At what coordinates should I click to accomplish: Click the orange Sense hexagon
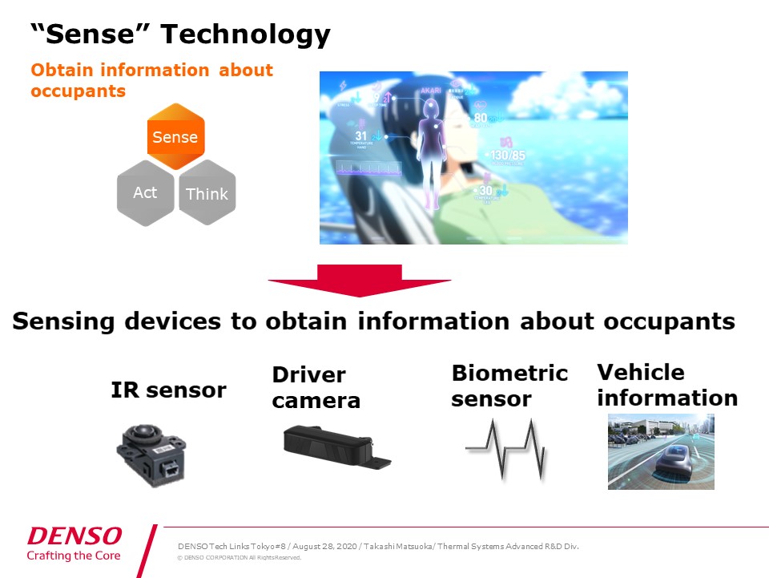point(175,136)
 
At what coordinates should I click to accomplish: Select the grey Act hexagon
point(145,192)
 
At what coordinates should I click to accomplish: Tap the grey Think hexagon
point(207,193)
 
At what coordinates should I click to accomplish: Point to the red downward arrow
point(360,280)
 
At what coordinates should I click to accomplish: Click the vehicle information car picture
point(661,451)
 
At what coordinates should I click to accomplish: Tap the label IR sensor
point(168,390)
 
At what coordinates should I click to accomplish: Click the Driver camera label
point(316,388)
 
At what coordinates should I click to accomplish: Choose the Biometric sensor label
point(509,386)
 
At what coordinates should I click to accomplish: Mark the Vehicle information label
point(666,385)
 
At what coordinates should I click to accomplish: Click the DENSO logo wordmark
point(74,536)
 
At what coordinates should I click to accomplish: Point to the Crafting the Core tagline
point(74,556)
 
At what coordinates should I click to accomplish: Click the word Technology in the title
point(245,34)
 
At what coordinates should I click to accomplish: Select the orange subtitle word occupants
point(78,91)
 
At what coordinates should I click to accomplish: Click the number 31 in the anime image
point(360,136)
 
